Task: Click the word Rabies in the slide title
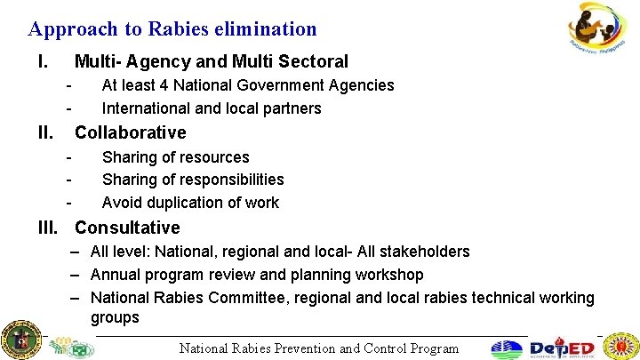[156, 29]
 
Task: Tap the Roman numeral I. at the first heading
[42, 62]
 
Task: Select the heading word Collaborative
[130, 133]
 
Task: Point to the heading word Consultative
[127, 228]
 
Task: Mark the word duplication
[188, 203]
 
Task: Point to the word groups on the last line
[115, 318]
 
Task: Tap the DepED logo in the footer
[564, 348]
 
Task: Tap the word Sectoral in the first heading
[313, 62]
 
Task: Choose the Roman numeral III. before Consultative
[49, 228]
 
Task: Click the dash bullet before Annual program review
[78, 275]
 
